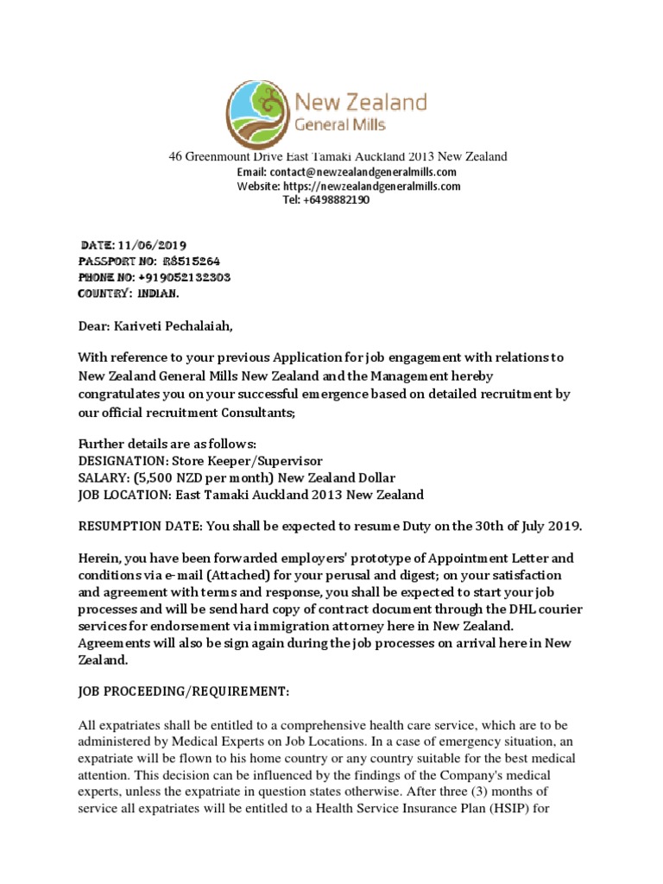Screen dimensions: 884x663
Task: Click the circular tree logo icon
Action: [x=260, y=112]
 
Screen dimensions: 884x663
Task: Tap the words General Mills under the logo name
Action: [x=341, y=125]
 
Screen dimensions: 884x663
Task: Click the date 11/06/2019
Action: [x=159, y=245]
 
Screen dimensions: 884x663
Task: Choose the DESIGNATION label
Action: [x=120, y=461]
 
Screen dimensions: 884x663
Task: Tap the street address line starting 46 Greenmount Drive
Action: [x=338, y=156]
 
